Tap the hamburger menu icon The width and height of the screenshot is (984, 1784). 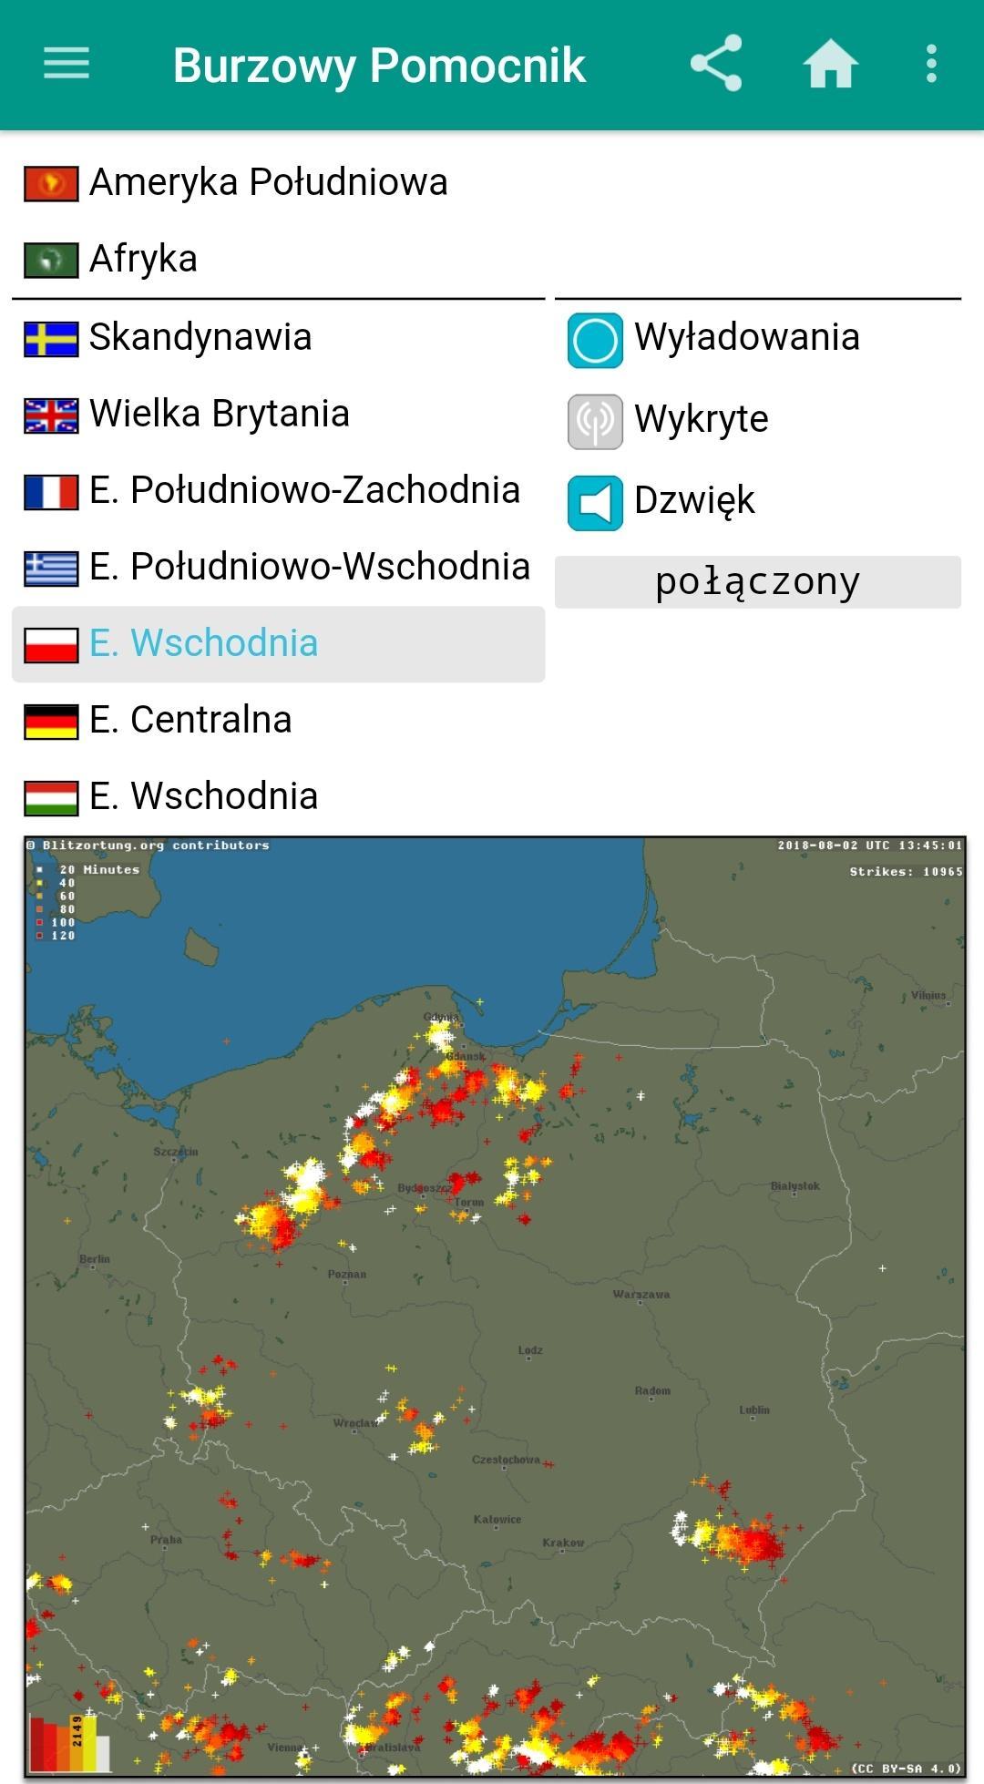(67, 64)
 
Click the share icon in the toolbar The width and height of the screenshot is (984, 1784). (716, 64)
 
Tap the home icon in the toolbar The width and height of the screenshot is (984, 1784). (830, 64)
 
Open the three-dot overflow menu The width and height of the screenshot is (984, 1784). (931, 64)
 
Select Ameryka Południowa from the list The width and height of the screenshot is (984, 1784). (268, 182)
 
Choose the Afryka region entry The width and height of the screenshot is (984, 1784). (143, 259)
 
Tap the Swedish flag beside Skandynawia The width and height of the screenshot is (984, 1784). (51, 338)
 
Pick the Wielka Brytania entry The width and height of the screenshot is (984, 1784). (219, 414)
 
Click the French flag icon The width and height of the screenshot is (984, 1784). (51, 492)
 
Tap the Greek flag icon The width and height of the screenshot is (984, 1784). (51, 569)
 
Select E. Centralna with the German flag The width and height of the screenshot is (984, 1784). (190, 720)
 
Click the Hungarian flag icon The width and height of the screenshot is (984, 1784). (51, 797)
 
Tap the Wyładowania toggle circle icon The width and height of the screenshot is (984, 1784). (595, 340)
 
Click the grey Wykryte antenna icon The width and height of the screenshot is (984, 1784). (595, 422)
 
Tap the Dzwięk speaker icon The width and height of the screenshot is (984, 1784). (595, 503)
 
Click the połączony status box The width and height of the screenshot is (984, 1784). (757, 582)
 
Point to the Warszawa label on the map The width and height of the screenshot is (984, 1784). (641, 1294)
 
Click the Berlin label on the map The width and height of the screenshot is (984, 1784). (95, 1259)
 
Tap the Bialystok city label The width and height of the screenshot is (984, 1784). (795, 1185)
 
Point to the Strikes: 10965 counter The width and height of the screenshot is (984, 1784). (906, 872)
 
